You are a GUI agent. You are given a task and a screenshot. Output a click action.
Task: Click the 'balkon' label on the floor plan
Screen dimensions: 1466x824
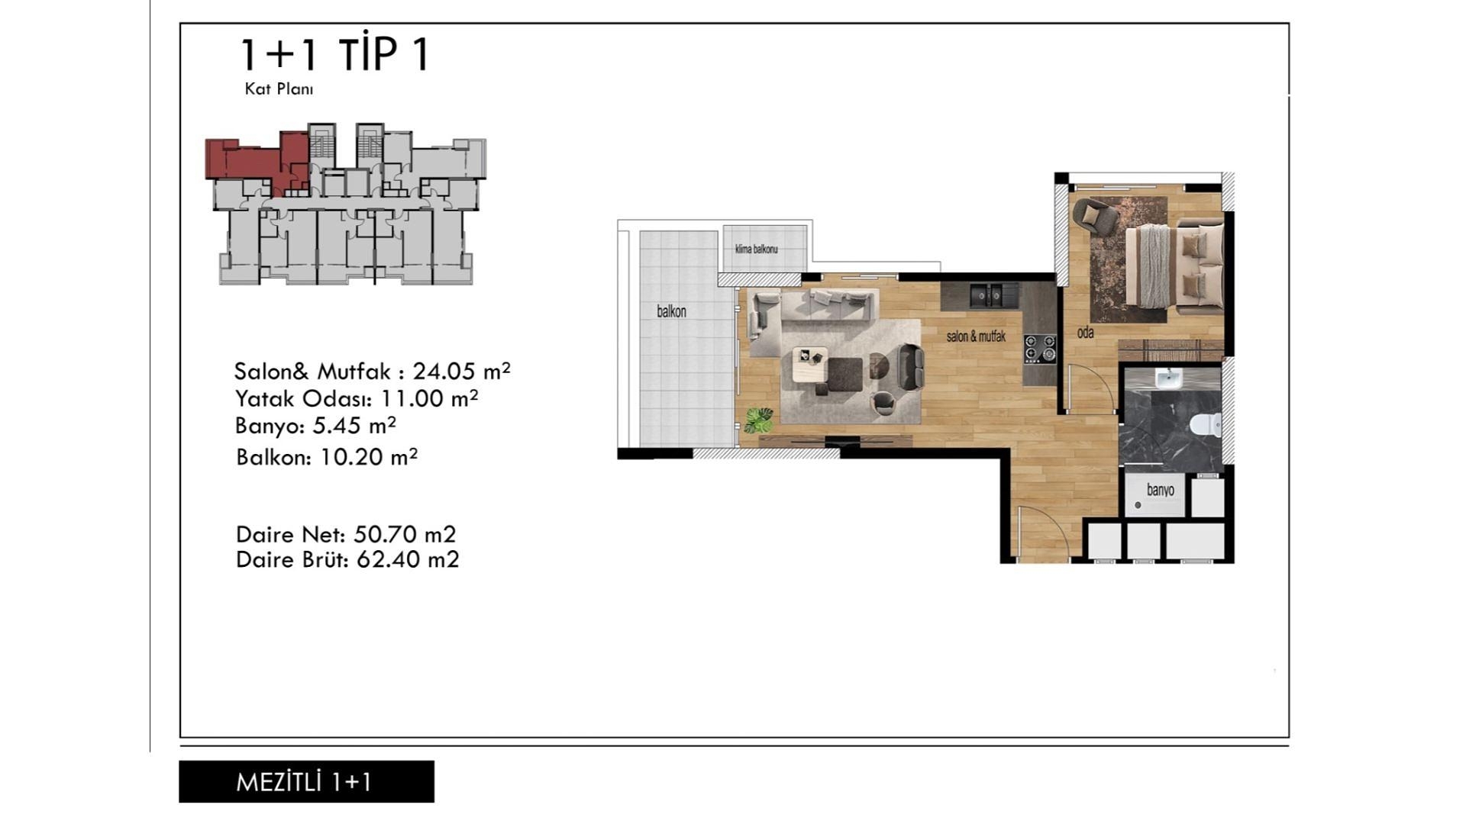pos(671,311)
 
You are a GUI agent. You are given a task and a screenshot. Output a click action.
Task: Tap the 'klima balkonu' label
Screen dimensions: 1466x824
pos(756,249)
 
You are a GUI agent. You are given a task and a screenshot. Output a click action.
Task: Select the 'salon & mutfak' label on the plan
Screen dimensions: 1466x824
pos(976,336)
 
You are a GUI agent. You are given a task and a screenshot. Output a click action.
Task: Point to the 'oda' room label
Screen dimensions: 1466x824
pos(1085,333)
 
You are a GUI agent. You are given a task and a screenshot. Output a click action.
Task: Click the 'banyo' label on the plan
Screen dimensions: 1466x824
pos(1160,490)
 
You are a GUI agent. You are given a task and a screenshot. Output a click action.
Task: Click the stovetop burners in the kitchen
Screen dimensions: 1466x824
pos(1040,349)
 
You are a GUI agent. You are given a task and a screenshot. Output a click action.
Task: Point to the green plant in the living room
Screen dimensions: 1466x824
pos(759,420)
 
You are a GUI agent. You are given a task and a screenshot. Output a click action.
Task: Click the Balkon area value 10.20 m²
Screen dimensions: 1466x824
pos(369,457)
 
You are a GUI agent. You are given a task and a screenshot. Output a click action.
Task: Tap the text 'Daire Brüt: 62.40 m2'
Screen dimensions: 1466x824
pos(347,559)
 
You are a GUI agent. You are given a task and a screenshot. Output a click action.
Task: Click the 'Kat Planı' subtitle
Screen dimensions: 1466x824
pos(279,89)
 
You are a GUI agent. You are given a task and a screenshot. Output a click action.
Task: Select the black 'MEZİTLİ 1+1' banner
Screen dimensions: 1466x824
pos(306,781)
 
